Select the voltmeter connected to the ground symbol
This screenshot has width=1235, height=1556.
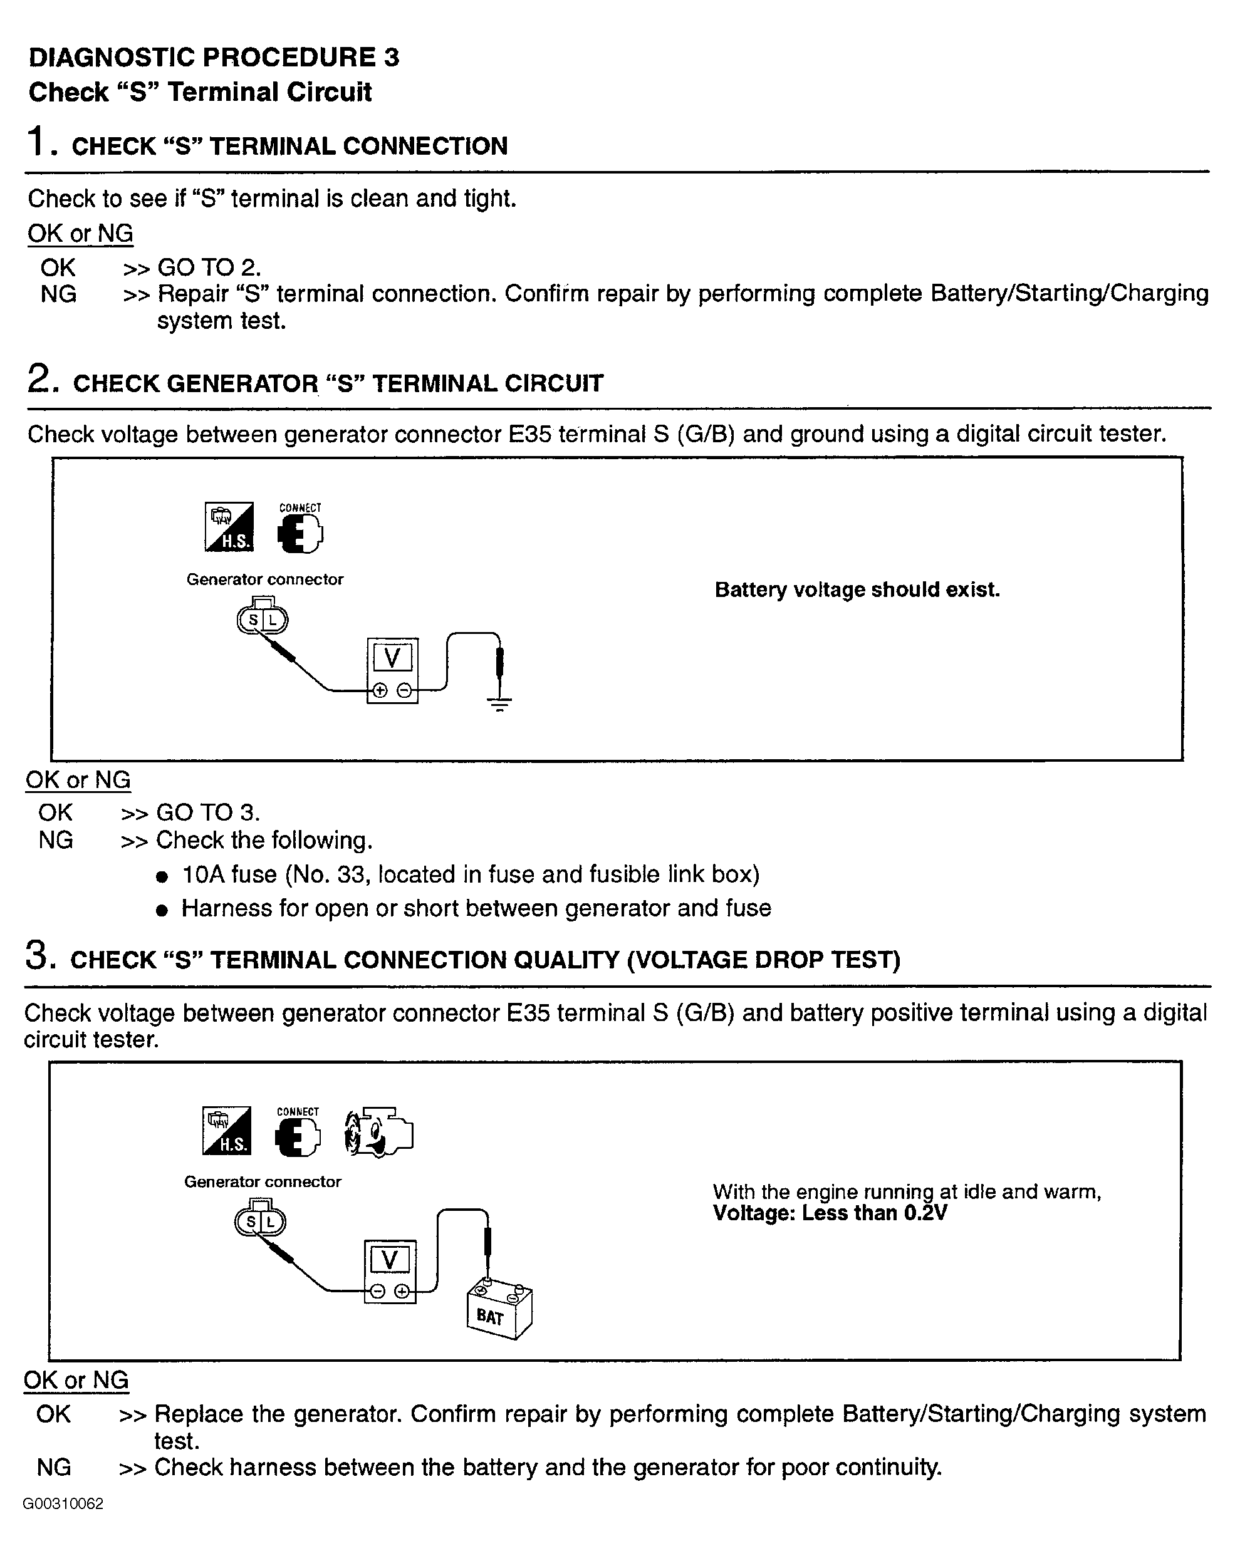point(392,670)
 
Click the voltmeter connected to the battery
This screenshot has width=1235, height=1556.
point(390,1271)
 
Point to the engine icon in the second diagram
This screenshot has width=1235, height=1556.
point(379,1133)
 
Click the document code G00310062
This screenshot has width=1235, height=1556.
point(63,1503)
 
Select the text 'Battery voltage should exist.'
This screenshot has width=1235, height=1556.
point(857,589)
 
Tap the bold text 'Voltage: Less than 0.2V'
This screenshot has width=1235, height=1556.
point(830,1213)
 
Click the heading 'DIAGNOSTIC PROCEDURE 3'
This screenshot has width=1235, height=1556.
point(214,57)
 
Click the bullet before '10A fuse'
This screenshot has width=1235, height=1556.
point(162,877)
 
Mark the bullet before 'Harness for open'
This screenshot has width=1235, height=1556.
point(162,910)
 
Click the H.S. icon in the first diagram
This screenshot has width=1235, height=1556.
point(229,527)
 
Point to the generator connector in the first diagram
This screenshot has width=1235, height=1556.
point(262,618)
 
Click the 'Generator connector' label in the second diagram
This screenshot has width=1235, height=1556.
point(262,1181)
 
